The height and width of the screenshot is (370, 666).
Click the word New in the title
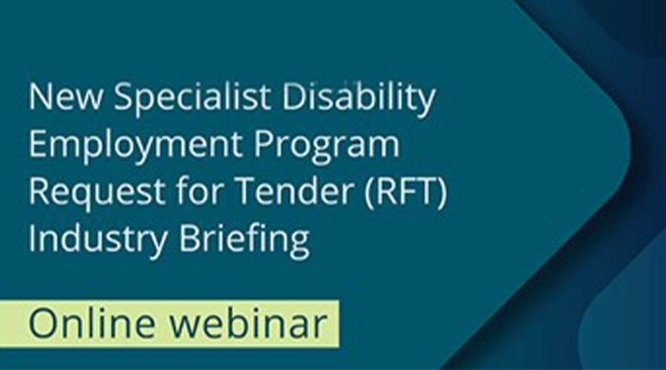65,96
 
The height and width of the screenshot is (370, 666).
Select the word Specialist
192,99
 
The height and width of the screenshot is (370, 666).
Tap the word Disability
359,99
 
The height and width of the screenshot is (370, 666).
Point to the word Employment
135,146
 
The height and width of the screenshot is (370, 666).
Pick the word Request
96,192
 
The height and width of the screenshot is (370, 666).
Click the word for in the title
200,190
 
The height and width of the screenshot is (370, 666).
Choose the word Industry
98,239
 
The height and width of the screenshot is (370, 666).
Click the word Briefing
244,239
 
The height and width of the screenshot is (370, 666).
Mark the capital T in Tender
246,190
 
